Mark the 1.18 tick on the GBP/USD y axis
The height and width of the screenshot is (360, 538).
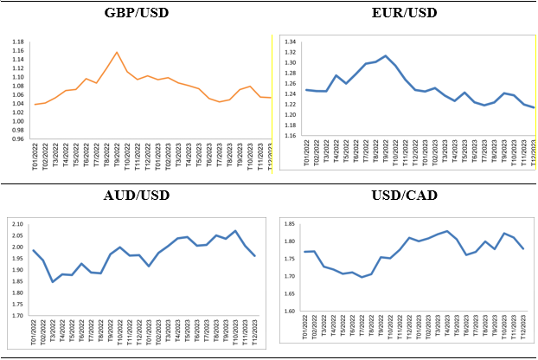tap(17, 42)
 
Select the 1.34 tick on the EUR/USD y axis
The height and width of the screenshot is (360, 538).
tap(291, 42)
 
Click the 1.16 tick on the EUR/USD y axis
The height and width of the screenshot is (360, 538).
tap(291, 136)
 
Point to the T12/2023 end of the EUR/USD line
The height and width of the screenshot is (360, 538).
tap(534, 108)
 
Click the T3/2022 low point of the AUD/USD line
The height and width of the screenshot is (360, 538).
tap(52, 281)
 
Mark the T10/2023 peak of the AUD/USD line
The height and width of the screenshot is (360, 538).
tap(235, 231)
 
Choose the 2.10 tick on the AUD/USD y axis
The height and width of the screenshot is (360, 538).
tap(17, 225)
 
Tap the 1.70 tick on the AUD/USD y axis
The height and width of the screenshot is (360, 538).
tap(17, 316)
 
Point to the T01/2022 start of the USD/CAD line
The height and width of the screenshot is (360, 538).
tap(304, 252)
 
